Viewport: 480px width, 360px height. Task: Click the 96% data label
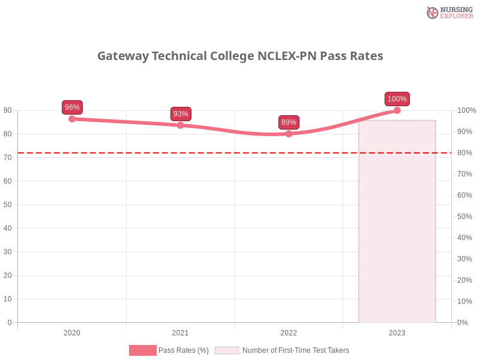click(x=72, y=107)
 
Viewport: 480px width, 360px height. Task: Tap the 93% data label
click(x=180, y=113)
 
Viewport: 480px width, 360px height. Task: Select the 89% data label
click(x=289, y=122)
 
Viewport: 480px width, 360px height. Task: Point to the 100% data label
click(x=397, y=99)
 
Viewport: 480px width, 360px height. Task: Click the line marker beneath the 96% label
click(x=72, y=119)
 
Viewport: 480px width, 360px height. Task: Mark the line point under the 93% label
click(x=180, y=125)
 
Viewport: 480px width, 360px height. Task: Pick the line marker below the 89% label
click(x=289, y=134)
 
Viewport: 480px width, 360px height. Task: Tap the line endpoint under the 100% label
click(x=397, y=110)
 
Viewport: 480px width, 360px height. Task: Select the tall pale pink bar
click(x=397, y=222)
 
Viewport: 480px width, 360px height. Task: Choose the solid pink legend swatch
click(x=142, y=350)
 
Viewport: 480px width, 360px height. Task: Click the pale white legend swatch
click(x=227, y=350)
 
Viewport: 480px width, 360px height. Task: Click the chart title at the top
click(x=240, y=56)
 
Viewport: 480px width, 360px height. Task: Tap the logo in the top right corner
click(x=448, y=12)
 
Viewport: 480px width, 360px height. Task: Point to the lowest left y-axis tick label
click(x=9, y=322)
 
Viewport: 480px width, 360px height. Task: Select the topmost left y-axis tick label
click(x=7, y=110)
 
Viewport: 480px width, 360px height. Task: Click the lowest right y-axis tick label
click(x=463, y=322)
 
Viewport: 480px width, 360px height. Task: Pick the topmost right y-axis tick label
click(x=466, y=110)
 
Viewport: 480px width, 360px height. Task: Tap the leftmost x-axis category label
click(x=72, y=331)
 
